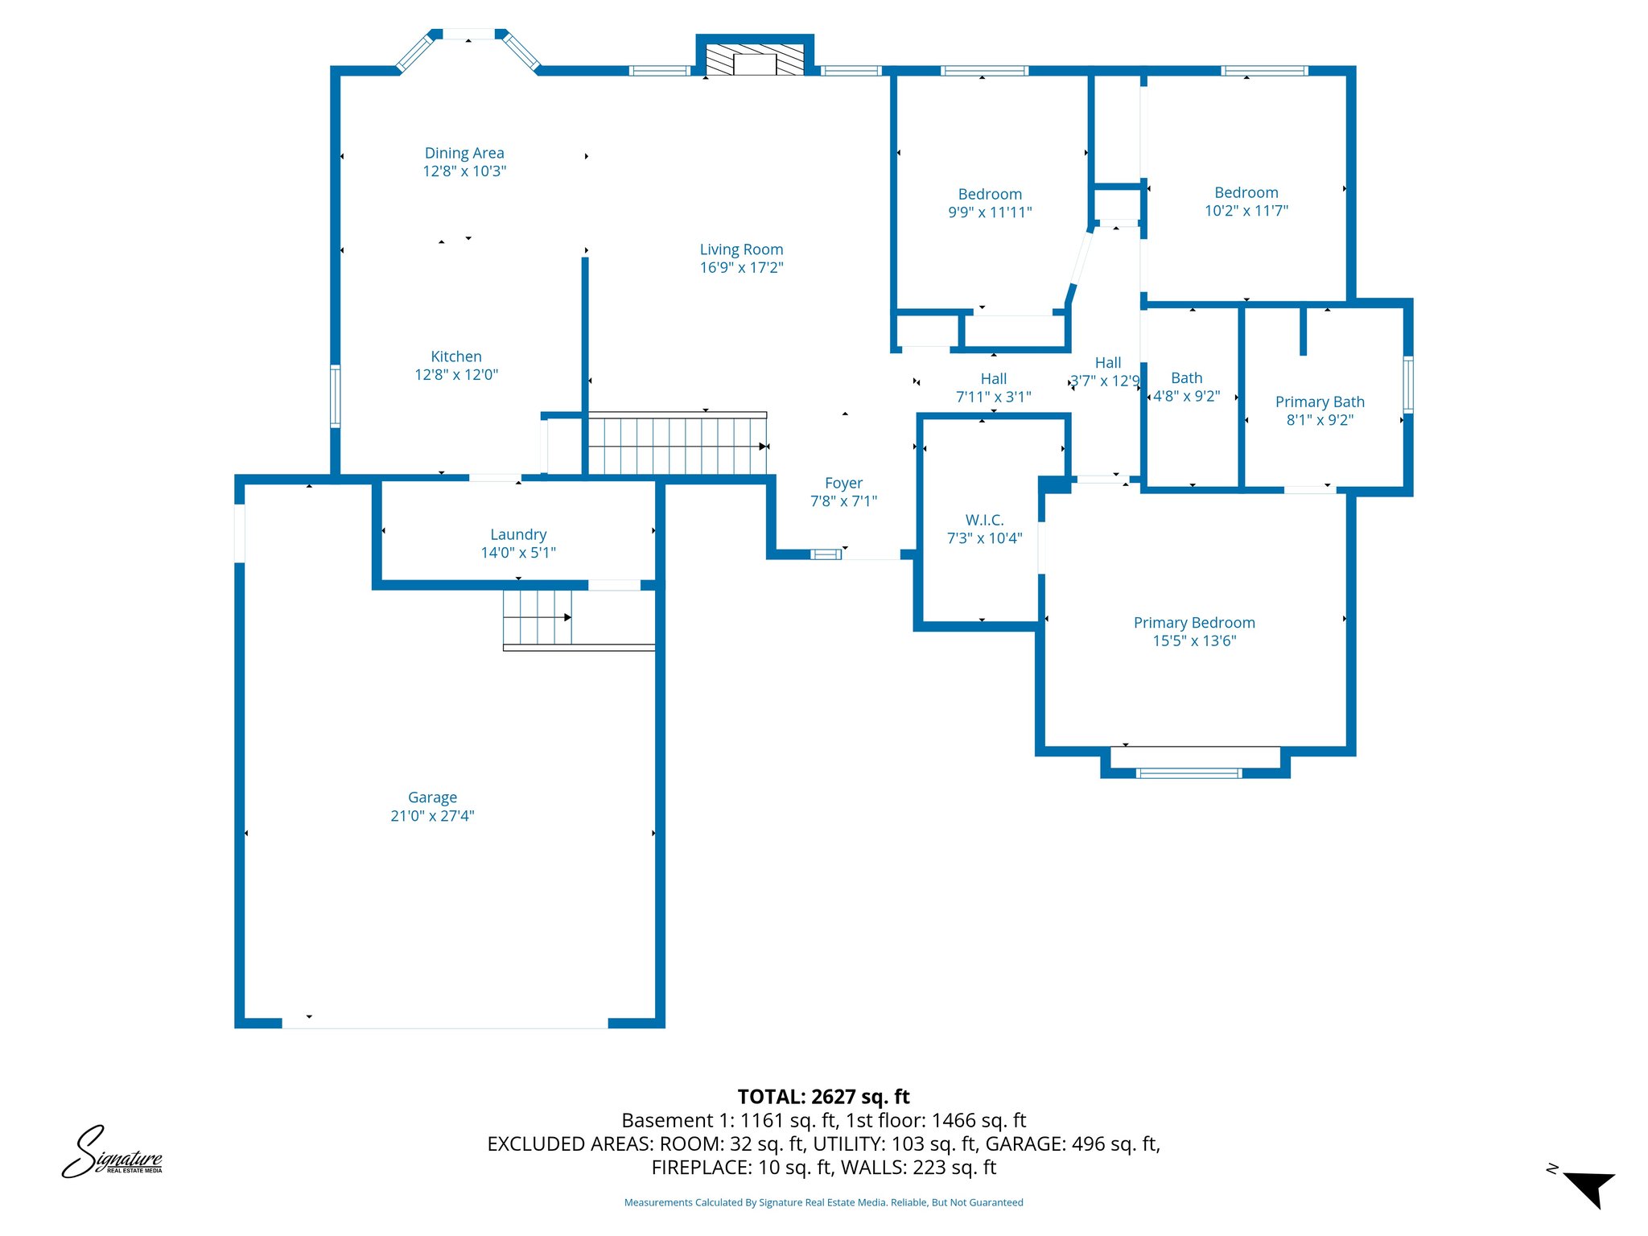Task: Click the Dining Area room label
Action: tap(464, 153)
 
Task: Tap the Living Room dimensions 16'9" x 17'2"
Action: tap(741, 268)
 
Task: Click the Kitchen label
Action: tap(456, 356)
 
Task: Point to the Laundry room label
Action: tap(518, 534)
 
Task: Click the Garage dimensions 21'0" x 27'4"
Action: tap(432, 816)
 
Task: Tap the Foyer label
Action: tap(843, 483)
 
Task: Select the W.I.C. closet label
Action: tap(984, 520)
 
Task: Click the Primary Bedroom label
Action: tap(1194, 623)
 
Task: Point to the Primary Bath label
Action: tap(1320, 402)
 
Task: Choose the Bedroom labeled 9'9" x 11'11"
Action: tap(990, 203)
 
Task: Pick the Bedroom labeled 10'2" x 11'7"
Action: tap(1246, 201)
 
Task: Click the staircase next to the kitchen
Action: tap(676, 444)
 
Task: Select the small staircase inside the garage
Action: tap(537, 618)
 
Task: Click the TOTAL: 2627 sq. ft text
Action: tap(823, 1097)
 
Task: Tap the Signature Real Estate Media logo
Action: tap(112, 1153)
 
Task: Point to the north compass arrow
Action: tap(1588, 1187)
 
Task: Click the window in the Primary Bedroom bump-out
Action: tap(1189, 773)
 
